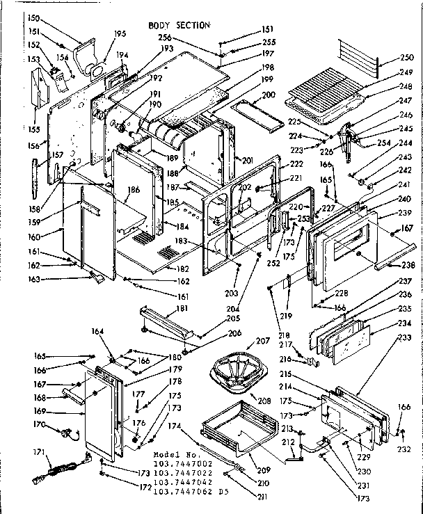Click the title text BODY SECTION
pyautogui.click(x=179, y=26)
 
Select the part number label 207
pyautogui.click(x=243, y=342)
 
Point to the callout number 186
pyautogui.click(x=134, y=189)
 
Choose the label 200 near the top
pyautogui.click(x=268, y=95)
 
